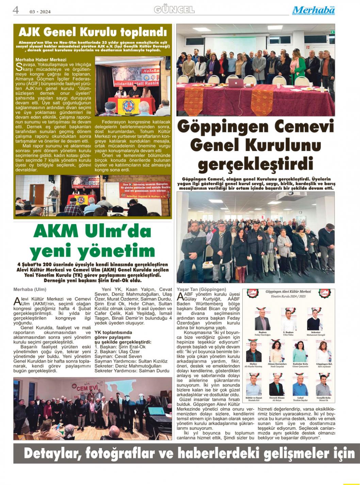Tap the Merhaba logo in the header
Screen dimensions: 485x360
(x=313, y=10)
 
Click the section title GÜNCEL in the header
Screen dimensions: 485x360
(x=174, y=10)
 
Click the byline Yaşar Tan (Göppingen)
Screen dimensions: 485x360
(x=201, y=289)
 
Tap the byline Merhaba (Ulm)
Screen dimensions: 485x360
(x=30, y=289)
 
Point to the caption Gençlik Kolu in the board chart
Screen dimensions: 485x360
(x=323, y=398)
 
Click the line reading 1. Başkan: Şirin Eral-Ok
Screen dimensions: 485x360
(x=120, y=347)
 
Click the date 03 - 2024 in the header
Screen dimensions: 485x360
(x=40, y=12)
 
